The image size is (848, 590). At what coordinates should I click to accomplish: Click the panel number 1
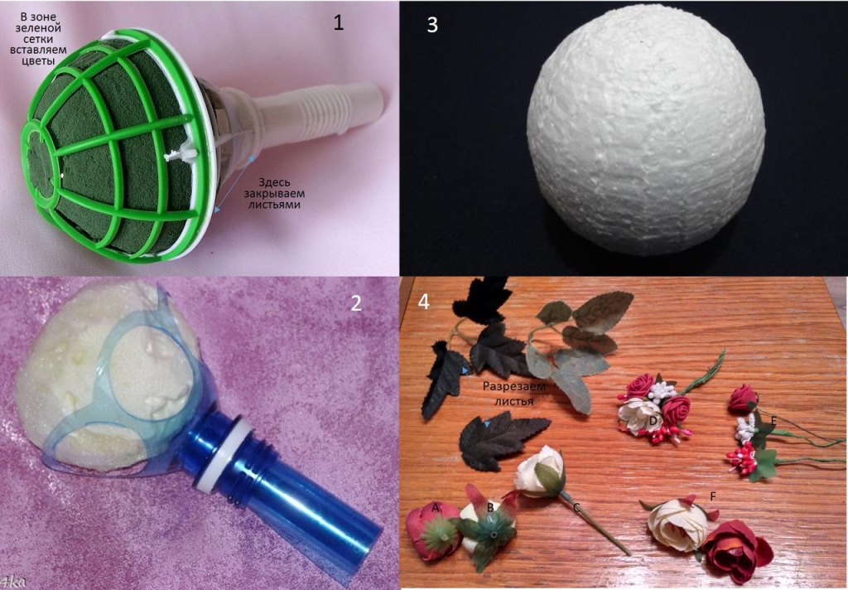tap(339, 22)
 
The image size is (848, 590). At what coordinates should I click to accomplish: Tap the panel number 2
tap(356, 302)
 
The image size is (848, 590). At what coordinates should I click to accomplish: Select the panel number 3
tap(432, 24)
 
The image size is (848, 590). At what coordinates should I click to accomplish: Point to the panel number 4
tap(424, 302)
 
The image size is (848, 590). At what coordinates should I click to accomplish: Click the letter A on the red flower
tap(436, 507)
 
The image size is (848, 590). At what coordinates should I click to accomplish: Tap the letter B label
tap(490, 508)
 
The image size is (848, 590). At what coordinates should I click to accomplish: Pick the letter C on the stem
tap(576, 507)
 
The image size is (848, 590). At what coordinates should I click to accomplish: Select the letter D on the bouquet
tap(653, 421)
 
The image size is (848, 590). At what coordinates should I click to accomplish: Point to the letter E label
tap(774, 421)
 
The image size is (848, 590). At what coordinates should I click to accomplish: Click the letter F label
tap(713, 496)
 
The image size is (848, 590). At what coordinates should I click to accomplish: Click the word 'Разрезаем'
tap(514, 387)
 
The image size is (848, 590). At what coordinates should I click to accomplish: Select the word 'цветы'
tap(38, 60)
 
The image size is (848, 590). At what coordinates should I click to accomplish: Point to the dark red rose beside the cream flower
tap(738, 551)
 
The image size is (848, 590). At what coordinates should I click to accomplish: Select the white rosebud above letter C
tap(539, 471)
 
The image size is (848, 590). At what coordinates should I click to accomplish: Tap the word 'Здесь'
tap(273, 182)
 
